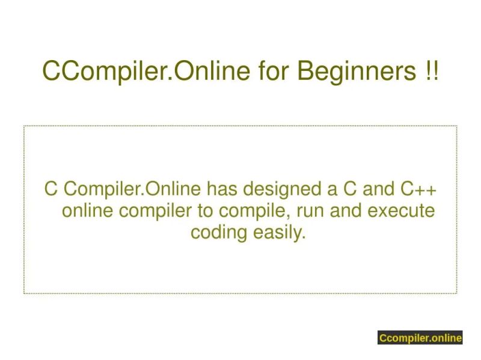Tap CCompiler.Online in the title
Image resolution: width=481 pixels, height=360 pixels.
(x=146, y=72)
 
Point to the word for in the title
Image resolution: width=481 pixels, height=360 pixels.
(x=274, y=72)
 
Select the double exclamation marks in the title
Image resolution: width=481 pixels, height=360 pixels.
(x=431, y=72)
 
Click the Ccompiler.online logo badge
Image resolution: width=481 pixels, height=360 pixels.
(x=420, y=338)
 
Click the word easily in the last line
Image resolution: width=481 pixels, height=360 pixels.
(x=278, y=232)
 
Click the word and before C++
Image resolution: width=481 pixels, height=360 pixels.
(x=378, y=190)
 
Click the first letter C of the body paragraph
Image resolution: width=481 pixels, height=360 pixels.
(x=51, y=190)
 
